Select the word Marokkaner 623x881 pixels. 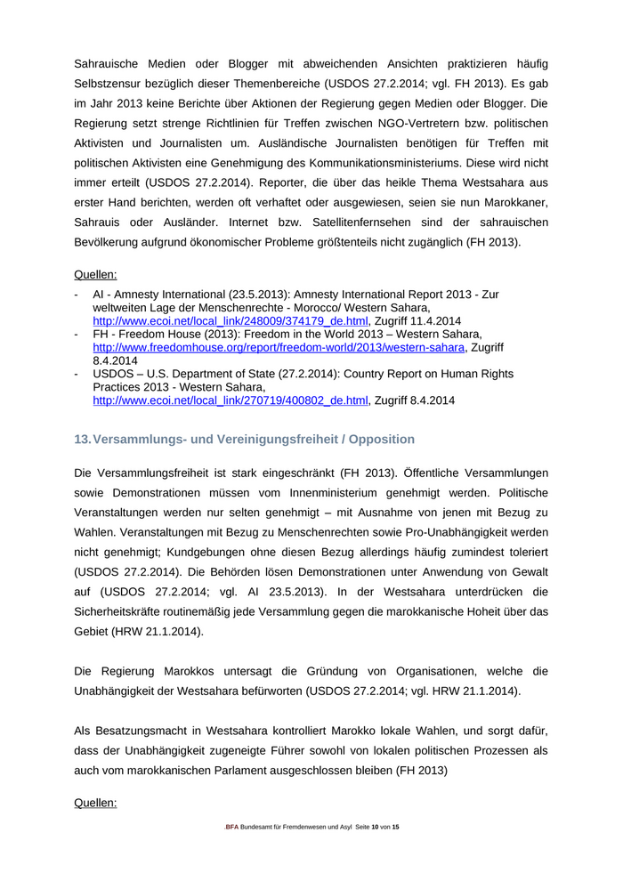click(514, 202)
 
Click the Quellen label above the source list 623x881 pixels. click(95, 275)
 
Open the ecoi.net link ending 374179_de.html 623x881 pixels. click(231, 320)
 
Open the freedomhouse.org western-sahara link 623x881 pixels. click(279, 347)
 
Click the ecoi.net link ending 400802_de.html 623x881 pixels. click(231, 400)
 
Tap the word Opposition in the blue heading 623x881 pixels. click(382, 440)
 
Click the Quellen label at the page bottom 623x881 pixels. click(95, 804)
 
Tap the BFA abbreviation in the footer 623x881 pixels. click(231, 828)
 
